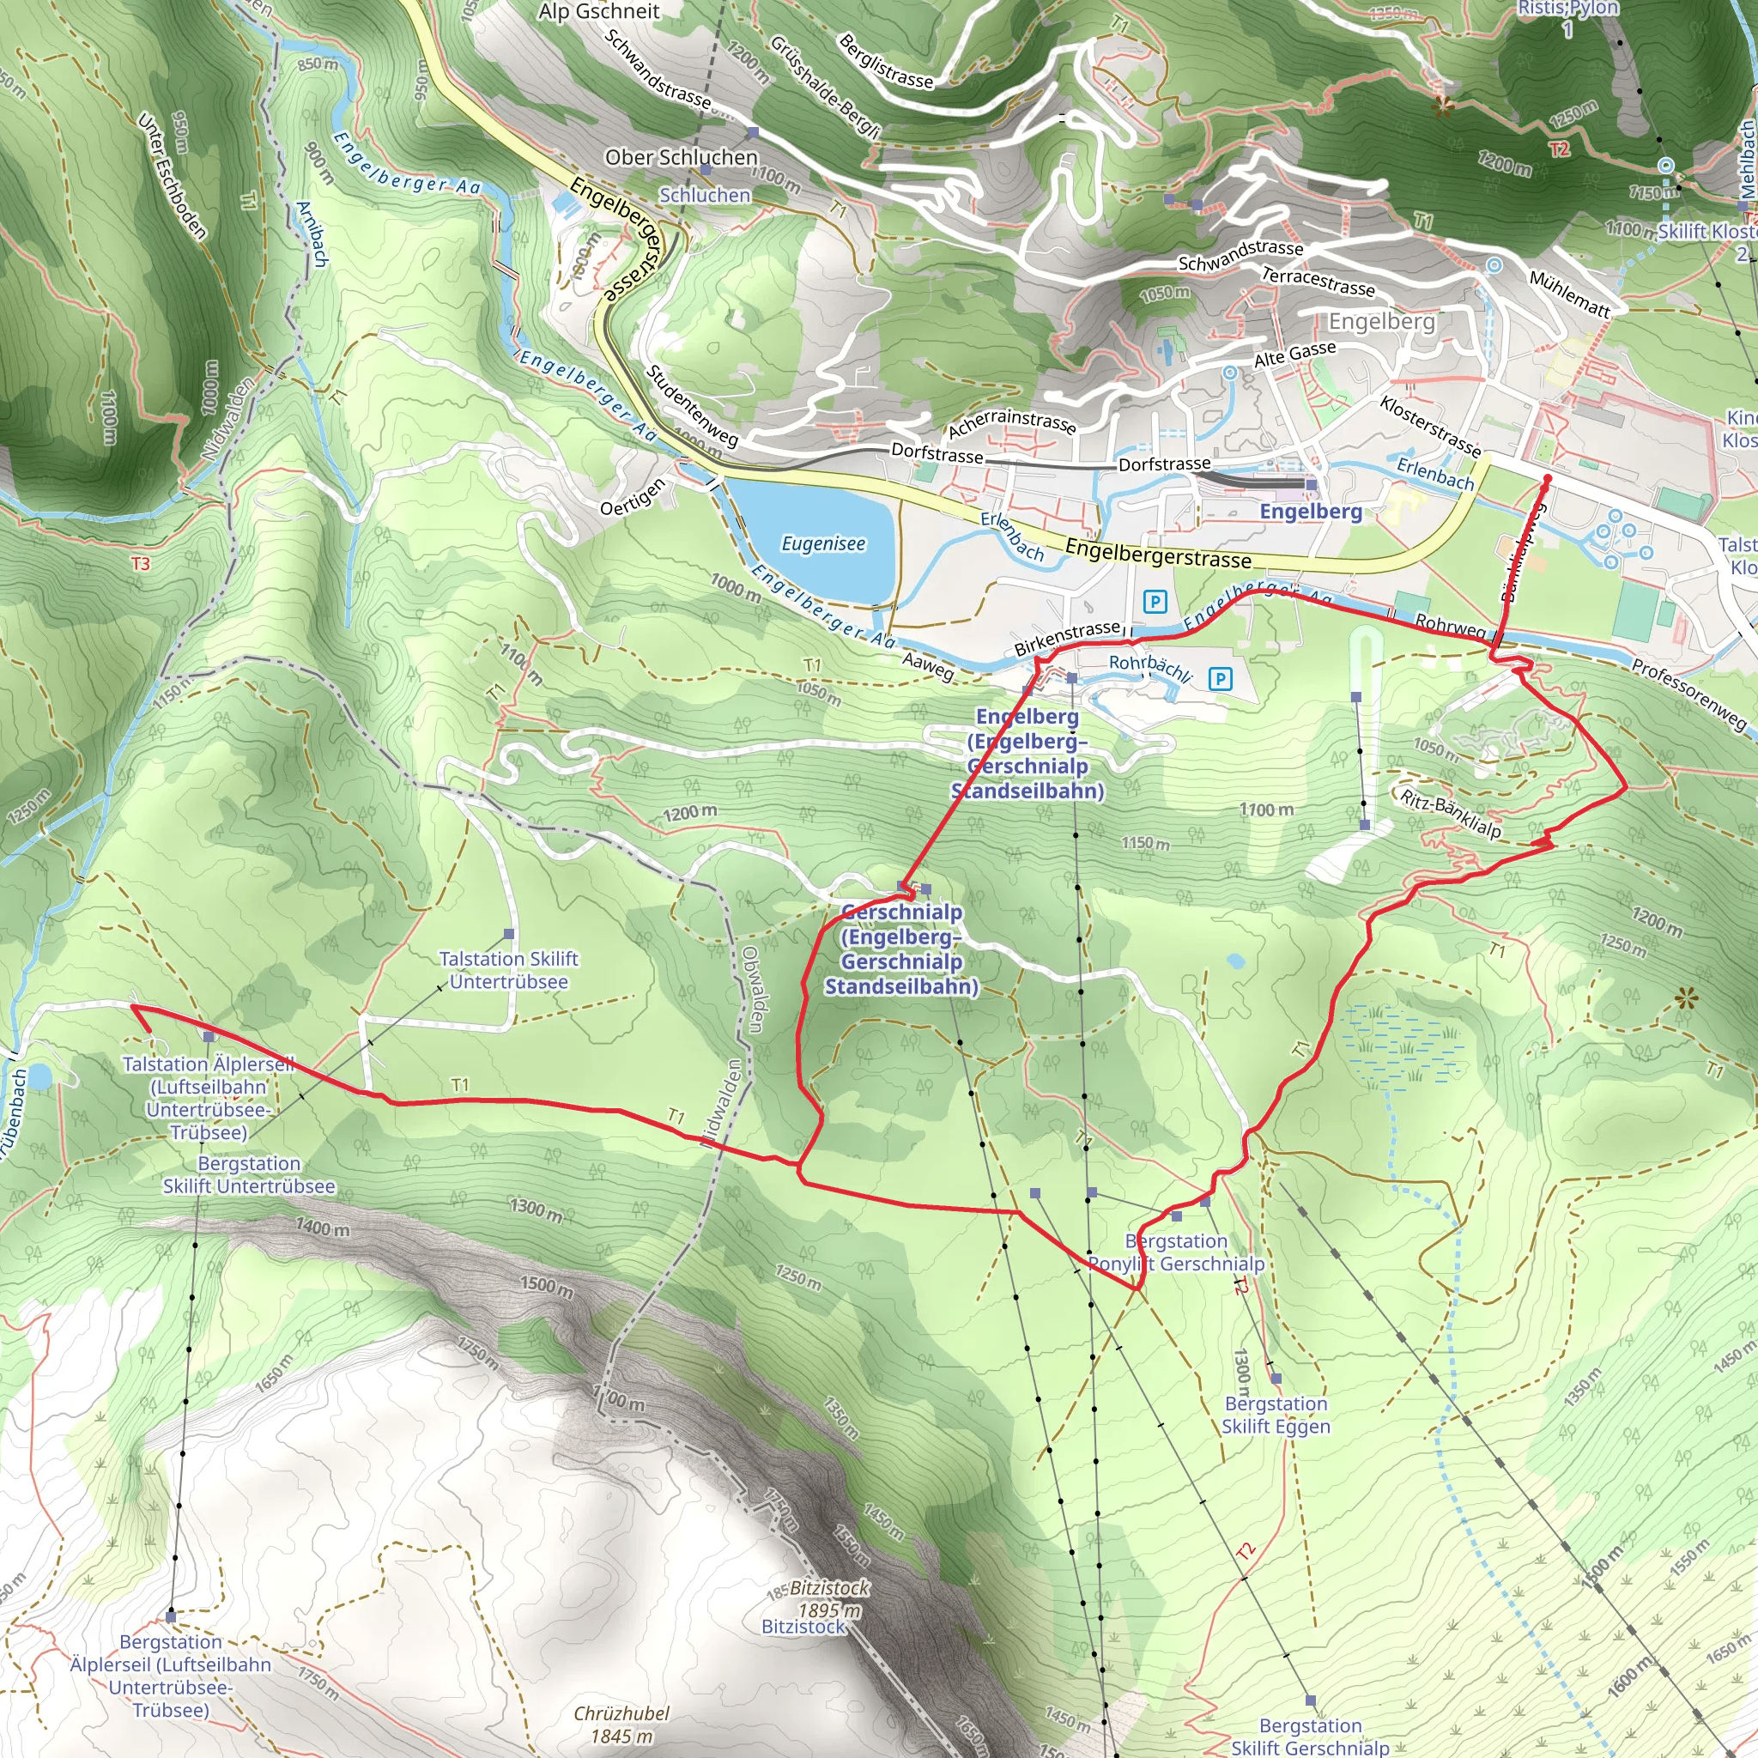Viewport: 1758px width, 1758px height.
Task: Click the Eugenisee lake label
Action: pyautogui.click(x=823, y=543)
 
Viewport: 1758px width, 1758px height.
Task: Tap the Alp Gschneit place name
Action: pyautogui.click(x=599, y=12)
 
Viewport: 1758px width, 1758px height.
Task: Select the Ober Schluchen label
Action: pyautogui.click(x=681, y=157)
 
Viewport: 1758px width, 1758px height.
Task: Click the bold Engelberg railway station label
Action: pyautogui.click(x=1310, y=512)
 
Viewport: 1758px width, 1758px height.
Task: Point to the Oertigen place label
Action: pyautogui.click(x=633, y=496)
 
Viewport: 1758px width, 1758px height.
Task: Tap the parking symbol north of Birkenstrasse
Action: pyautogui.click(x=1155, y=602)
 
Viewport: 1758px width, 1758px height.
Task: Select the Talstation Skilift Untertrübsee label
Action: pyautogui.click(x=508, y=970)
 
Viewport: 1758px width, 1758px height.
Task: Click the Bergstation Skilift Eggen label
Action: pyautogui.click(x=1275, y=1415)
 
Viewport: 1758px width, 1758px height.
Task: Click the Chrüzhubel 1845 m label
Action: pyautogui.click(x=621, y=1725)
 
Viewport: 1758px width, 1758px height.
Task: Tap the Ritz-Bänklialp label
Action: pyautogui.click(x=1451, y=814)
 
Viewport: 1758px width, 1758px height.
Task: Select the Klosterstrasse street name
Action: pyautogui.click(x=1430, y=425)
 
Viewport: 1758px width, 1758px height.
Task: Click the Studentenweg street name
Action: pyautogui.click(x=692, y=406)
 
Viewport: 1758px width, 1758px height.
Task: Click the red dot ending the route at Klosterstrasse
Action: pyautogui.click(x=1547, y=479)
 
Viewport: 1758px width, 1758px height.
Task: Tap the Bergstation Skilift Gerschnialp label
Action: pyautogui.click(x=1309, y=1737)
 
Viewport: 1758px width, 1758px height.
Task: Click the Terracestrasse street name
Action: pyautogui.click(x=1318, y=282)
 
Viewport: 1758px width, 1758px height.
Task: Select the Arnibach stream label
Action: pyautogui.click(x=312, y=233)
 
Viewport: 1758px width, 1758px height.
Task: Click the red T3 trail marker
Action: pyautogui.click(x=140, y=564)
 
